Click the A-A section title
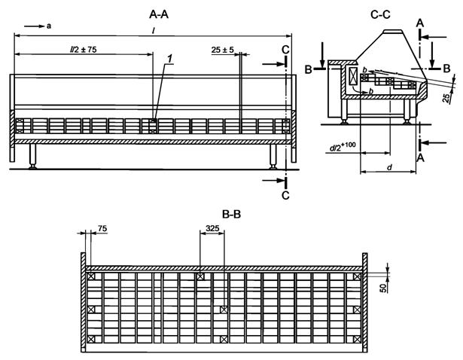[x=159, y=13]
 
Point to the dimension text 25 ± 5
[x=223, y=50]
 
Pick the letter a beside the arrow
[x=49, y=26]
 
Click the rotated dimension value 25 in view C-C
[x=446, y=99]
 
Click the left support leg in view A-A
[x=33, y=157]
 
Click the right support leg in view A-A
[x=273, y=157]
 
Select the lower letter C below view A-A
[x=285, y=195]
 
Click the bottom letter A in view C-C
[x=421, y=157]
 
